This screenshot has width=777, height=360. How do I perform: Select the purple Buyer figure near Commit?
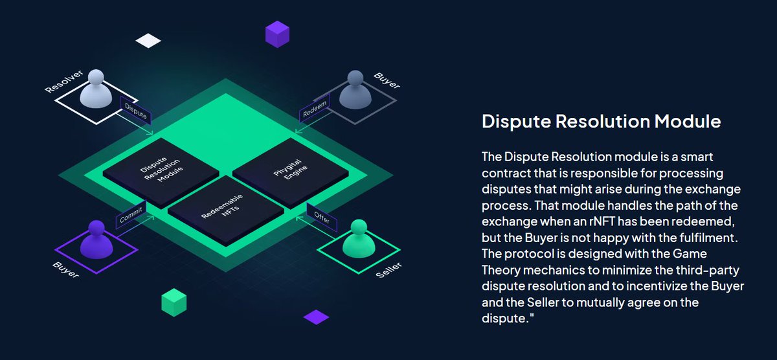point(96,239)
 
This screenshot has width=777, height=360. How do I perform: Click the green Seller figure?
point(358,239)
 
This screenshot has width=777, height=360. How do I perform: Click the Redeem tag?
point(316,108)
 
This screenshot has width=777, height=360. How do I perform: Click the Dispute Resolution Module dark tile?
point(161,168)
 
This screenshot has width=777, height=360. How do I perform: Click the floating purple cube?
point(277,33)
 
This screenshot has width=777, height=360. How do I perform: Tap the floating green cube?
point(174,302)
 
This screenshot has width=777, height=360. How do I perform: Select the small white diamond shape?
point(148,41)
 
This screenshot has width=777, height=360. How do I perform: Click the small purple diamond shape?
point(316,317)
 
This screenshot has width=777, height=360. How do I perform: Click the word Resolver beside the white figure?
point(60,80)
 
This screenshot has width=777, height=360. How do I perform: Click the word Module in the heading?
point(687,121)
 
